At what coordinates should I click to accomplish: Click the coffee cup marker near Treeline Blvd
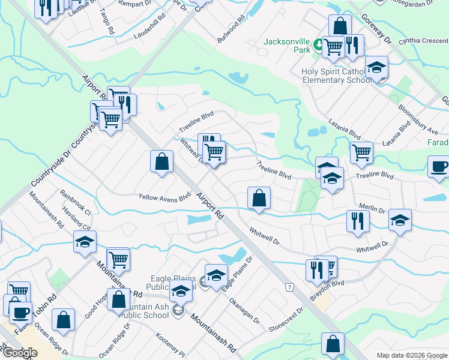coord(439,167)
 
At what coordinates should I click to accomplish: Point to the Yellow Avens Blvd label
coord(164,196)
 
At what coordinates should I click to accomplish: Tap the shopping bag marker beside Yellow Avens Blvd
coord(161,161)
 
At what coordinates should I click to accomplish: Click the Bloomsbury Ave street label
coord(418,119)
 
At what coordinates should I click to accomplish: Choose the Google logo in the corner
coord(20,353)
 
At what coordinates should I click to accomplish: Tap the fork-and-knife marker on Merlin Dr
coord(355,221)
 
